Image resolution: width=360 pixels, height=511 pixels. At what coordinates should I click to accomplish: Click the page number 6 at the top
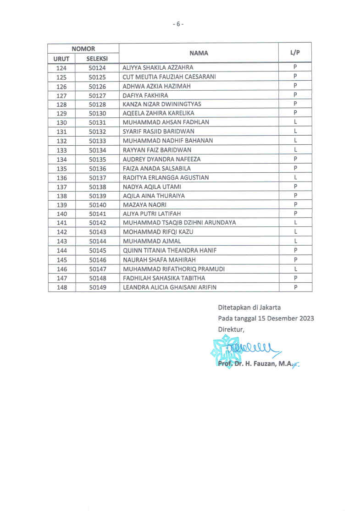(x=178, y=24)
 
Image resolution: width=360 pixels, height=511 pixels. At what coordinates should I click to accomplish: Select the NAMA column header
(x=199, y=53)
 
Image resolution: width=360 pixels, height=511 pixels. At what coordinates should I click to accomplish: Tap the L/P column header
(x=295, y=53)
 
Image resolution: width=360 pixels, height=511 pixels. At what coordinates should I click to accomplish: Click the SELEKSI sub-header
(x=97, y=59)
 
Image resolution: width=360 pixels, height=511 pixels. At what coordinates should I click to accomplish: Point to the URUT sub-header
(x=61, y=59)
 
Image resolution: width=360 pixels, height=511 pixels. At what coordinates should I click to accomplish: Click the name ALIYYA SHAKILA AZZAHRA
(x=158, y=68)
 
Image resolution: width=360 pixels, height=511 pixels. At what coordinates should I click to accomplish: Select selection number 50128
(x=97, y=104)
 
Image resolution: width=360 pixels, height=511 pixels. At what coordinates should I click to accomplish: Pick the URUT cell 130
(x=61, y=123)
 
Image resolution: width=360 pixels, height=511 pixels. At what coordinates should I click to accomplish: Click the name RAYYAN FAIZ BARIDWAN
(x=157, y=150)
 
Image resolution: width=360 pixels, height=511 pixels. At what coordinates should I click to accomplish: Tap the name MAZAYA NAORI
(x=144, y=205)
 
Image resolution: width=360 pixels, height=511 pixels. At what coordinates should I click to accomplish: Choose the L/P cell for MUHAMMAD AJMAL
(x=296, y=241)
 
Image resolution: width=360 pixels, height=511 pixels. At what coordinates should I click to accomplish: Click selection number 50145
(x=97, y=251)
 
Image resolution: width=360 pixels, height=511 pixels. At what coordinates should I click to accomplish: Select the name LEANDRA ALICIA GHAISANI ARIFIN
(x=169, y=287)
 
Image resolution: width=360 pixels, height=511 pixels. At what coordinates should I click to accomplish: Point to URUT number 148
(x=61, y=287)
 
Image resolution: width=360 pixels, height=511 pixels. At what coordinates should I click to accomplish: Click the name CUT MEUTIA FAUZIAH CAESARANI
(x=169, y=77)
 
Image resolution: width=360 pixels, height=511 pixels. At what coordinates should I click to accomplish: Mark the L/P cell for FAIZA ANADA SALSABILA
(x=296, y=168)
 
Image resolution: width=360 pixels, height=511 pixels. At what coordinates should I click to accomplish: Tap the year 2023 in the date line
(x=305, y=318)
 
